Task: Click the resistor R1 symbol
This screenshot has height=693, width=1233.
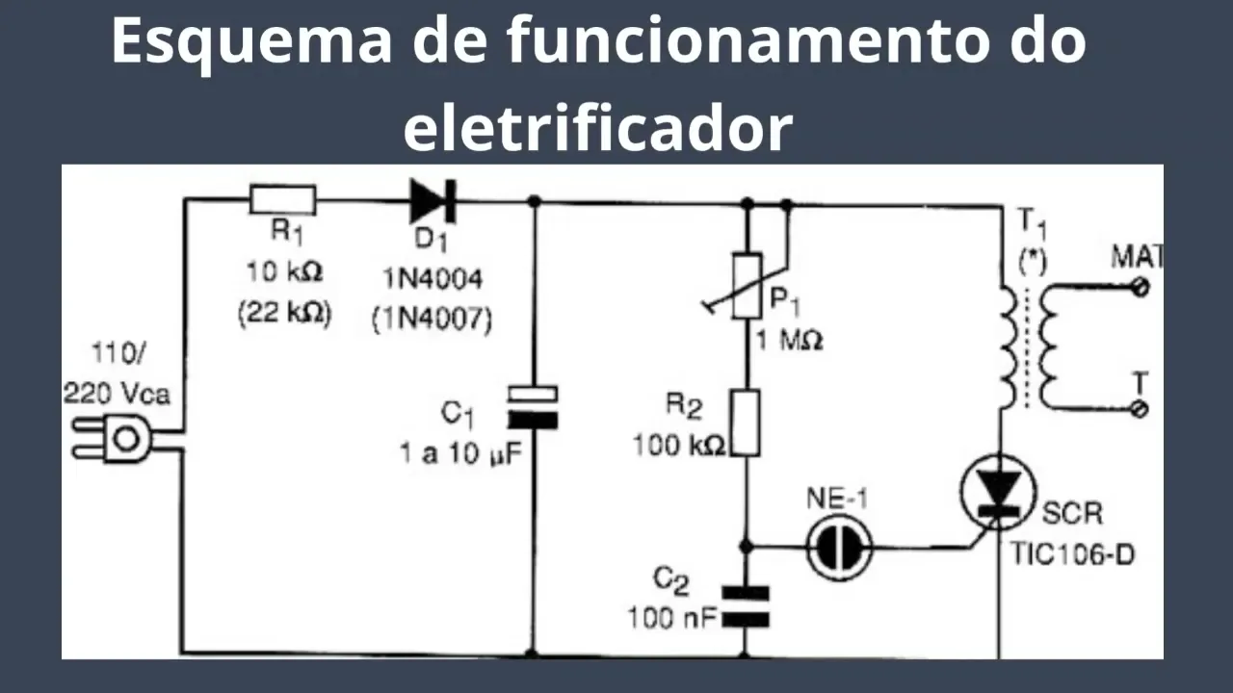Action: pos(282,200)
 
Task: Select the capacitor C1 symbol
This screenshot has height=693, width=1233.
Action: pos(533,405)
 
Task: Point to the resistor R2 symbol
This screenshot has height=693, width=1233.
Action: pos(747,423)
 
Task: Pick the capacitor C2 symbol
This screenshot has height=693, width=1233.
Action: pos(747,605)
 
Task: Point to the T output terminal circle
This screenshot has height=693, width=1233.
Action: pos(1141,409)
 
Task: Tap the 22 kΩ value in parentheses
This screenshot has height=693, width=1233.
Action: pos(285,314)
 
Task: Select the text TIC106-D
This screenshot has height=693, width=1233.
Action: pos(1072,553)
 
